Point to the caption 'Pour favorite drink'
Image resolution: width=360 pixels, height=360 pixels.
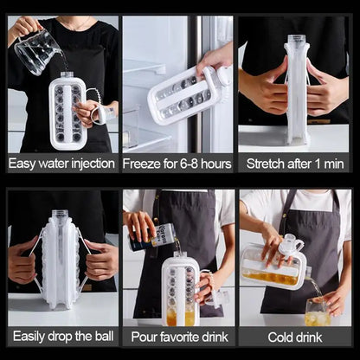point(179,334)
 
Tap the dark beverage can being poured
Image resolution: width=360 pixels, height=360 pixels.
point(153,235)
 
